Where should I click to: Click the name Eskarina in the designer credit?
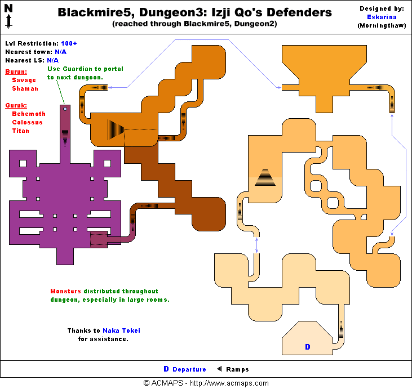click(382, 17)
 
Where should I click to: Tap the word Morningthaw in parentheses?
click(382, 25)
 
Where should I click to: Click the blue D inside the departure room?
click(307, 347)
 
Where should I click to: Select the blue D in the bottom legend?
click(166, 369)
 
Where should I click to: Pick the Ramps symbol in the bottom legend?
click(219, 369)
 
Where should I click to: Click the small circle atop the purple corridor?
click(65, 109)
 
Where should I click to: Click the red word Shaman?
click(25, 88)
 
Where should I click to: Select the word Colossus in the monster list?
click(27, 122)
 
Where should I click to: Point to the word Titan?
click(20, 131)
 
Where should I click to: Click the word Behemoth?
click(29, 114)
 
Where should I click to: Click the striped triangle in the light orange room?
click(265, 178)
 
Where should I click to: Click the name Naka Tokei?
click(121, 331)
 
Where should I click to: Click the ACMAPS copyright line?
click(206, 383)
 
